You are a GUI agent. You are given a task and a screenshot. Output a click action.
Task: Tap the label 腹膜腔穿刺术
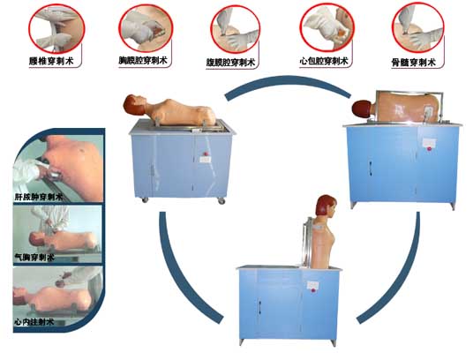(x=235, y=64)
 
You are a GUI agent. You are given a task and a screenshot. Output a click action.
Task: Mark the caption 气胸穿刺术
(x=34, y=259)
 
